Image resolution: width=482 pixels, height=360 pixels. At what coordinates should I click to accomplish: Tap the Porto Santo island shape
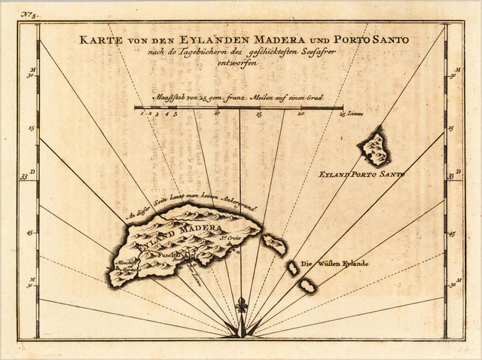374,149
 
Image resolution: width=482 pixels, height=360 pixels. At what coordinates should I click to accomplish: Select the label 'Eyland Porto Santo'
361,174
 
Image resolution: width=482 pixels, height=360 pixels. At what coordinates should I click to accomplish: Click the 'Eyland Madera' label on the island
184,234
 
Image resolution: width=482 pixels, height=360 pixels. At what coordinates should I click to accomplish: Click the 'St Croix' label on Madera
229,242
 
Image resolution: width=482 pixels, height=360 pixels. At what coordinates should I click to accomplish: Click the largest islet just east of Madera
273,243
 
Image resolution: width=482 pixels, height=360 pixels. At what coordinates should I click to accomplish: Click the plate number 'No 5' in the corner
30,14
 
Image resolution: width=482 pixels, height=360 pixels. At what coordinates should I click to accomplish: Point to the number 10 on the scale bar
217,114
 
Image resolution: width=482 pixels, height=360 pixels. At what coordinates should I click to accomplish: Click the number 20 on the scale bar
300,114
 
